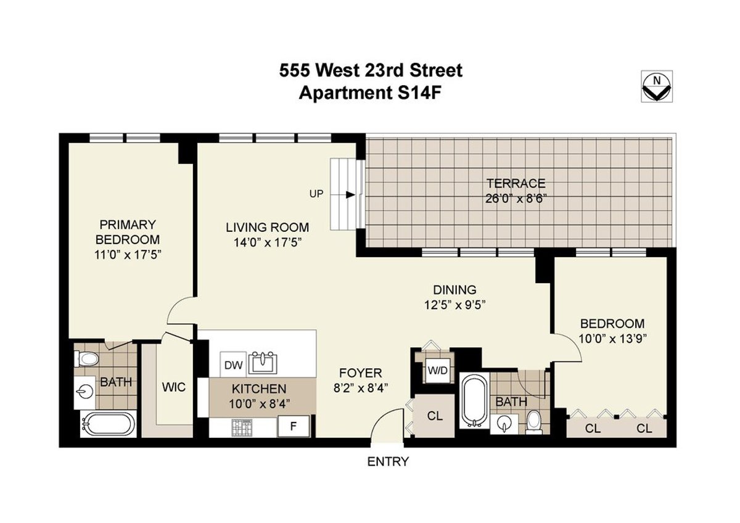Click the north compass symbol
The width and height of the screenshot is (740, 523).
[x=657, y=87]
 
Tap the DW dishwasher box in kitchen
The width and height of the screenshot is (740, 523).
[x=233, y=364]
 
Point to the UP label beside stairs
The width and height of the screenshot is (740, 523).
[x=316, y=194]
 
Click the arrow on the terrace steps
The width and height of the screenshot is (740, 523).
[x=349, y=195]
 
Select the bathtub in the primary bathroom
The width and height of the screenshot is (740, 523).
[x=107, y=425]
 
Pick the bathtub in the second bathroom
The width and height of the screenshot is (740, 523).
[x=474, y=400]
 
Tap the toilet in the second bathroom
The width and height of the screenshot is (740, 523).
[x=534, y=422]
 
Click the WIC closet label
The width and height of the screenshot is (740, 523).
[x=173, y=387]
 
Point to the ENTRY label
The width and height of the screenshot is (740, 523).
[x=388, y=461]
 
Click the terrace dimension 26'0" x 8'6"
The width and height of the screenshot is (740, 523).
[x=516, y=199]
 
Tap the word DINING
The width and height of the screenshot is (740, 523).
[x=454, y=289]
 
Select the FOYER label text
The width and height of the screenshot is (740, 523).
[x=361, y=373]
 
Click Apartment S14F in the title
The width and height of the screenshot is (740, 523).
[x=370, y=94]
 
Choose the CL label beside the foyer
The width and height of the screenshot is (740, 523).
[x=435, y=416]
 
